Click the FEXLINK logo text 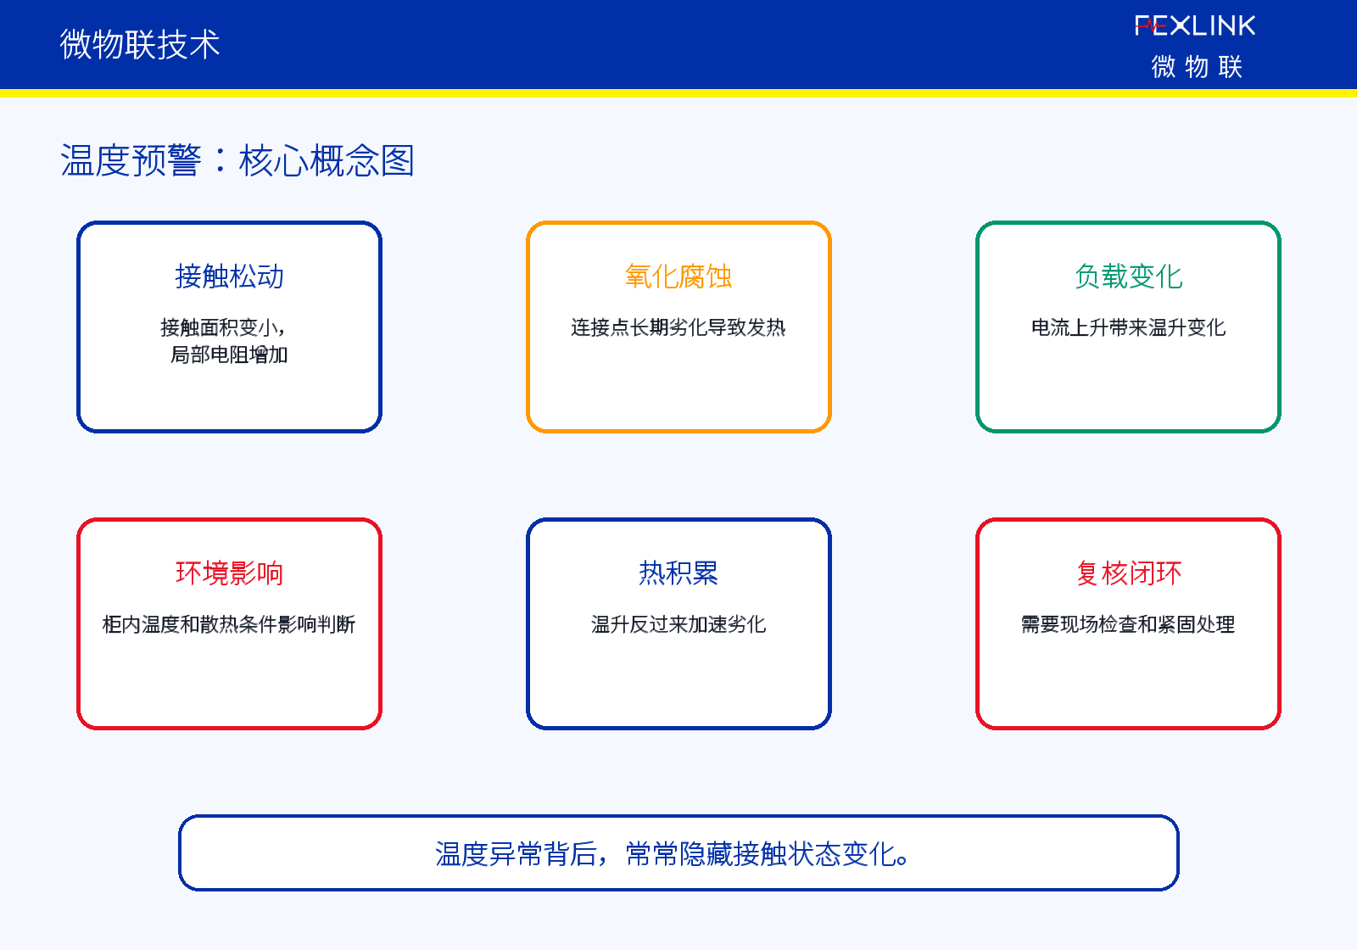pyautogui.click(x=1195, y=25)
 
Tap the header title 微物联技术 pyautogui.click(x=139, y=44)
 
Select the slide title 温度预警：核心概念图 pyautogui.click(x=237, y=160)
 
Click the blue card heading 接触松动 pyautogui.click(x=229, y=277)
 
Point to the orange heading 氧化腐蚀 pyautogui.click(x=678, y=277)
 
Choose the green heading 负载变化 pyautogui.click(x=1128, y=277)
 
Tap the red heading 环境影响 pyautogui.click(x=229, y=573)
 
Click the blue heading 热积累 pyautogui.click(x=678, y=573)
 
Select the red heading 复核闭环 pyautogui.click(x=1128, y=573)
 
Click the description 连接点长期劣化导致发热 pyautogui.click(x=678, y=327)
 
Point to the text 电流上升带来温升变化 pyautogui.click(x=1128, y=327)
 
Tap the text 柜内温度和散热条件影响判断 pyautogui.click(x=229, y=624)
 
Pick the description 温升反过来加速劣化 pyautogui.click(x=678, y=624)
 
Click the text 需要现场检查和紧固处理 pyautogui.click(x=1128, y=624)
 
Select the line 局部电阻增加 pyautogui.click(x=229, y=355)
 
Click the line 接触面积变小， pyautogui.click(x=223, y=327)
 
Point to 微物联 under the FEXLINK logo pyautogui.click(x=1197, y=66)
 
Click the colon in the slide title pyautogui.click(x=220, y=160)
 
